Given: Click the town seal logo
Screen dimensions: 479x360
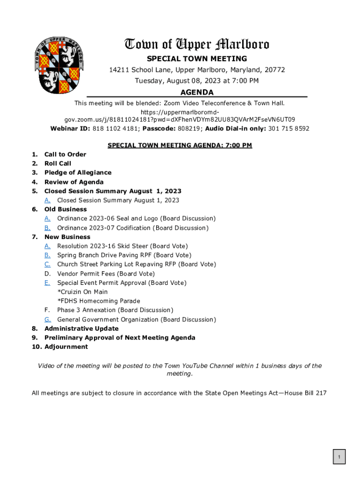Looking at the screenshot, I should tap(59, 65).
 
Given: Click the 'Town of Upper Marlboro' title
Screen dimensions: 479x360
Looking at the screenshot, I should tap(196, 44).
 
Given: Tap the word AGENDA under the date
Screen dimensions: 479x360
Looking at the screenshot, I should tap(197, 93).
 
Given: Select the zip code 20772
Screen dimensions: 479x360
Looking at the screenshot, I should tap(275, 70).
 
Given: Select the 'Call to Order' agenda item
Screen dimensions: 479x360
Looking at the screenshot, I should tap(65, 154).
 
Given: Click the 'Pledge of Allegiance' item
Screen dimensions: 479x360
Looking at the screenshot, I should tap(78, 173).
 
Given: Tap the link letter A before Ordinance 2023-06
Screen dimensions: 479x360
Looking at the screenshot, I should tap(48, 218).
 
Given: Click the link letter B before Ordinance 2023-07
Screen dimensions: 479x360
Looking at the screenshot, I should tap(48, 228).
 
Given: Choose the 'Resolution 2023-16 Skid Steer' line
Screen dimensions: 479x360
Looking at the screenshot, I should tap(122, 246).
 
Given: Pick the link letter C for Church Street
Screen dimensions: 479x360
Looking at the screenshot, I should tap(48, 264).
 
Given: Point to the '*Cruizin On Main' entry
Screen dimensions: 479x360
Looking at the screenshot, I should tap(82, 292).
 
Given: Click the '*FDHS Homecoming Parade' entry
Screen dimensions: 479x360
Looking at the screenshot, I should tap(99, 301).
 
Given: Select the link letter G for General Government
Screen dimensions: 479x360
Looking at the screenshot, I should tap(48, 319).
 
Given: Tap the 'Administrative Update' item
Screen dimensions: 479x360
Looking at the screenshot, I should tap(81, 328).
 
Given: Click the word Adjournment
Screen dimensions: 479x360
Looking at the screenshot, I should tap(66, 347).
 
